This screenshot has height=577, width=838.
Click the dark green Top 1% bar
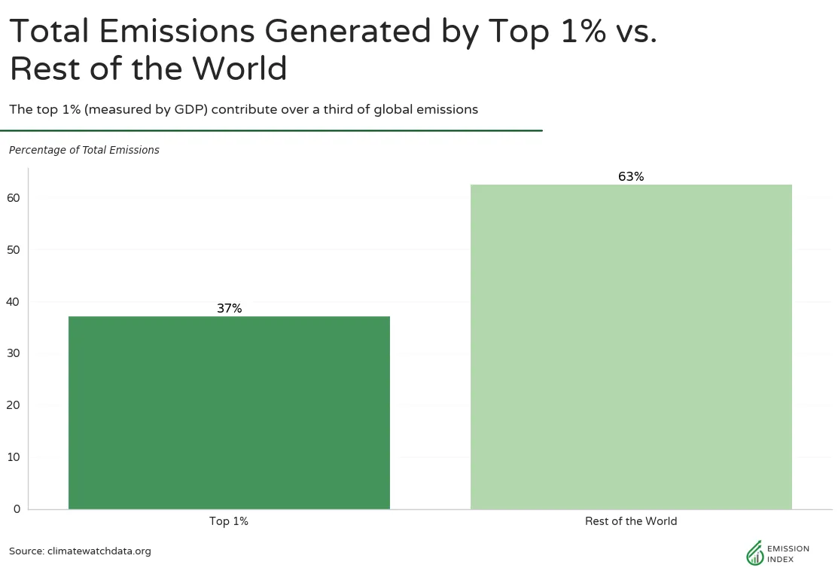point(230,412)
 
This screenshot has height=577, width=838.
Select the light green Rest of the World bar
point(631,347)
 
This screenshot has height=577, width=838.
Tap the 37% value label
point(230,308)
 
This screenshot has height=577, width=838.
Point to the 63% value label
point(631,176)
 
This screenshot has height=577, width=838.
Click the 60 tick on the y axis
point(14,198)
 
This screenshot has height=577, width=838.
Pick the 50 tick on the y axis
point(14,250)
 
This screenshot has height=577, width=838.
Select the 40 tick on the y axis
point(14,301)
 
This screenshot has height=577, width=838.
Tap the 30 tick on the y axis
point(14,353)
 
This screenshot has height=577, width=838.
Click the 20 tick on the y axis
point(14,405)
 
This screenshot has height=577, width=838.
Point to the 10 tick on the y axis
point(14,456)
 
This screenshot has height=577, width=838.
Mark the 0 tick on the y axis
point(17,508)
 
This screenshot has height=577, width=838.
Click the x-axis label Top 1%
point(229,521)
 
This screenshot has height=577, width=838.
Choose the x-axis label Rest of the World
point(631,521)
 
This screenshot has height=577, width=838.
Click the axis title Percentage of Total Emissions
point(84,150)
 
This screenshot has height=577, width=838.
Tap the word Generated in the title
point(347,30)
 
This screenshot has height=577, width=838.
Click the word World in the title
point(239,69)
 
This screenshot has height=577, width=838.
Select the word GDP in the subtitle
point(190,110)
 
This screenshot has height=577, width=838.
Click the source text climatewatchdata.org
point(99,551)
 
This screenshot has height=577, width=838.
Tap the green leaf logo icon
point(754,553)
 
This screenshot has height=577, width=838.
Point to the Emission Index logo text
point(788,554)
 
